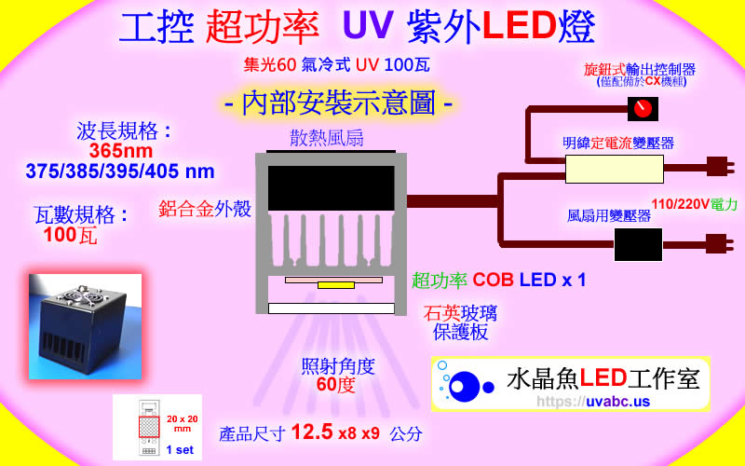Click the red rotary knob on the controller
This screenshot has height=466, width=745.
640,109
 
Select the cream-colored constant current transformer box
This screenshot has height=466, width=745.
615,168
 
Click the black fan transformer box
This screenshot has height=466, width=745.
638,244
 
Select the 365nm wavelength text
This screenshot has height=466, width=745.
121,151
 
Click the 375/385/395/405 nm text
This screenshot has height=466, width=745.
120,171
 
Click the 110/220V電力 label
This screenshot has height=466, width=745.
693,202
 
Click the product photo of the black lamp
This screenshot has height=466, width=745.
85,326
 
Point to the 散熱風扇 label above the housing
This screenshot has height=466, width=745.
325,139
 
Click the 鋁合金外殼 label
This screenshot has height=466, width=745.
205,209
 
